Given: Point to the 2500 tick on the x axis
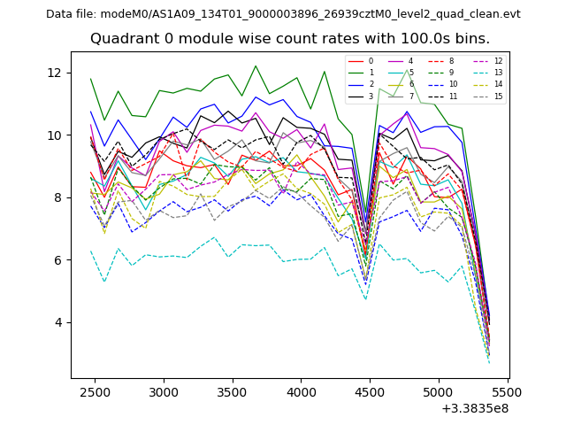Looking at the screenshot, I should (96, 390).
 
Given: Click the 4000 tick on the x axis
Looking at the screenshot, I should (302, 390).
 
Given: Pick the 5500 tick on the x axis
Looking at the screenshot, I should (508, 390).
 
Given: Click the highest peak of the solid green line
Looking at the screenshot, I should (256, 66).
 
